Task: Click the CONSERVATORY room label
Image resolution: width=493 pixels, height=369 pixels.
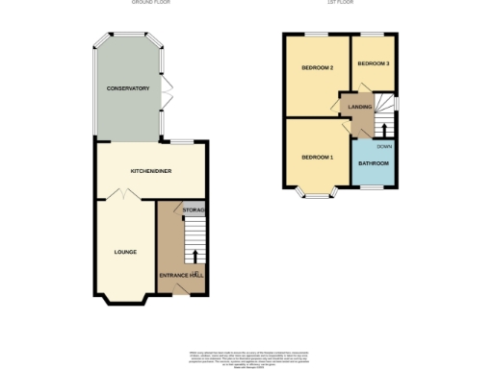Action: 128,88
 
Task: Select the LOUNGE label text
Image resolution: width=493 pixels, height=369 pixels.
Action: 125,252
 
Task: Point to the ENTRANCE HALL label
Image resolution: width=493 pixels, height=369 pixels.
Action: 182,276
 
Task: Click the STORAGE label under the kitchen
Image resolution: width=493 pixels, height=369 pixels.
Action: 194,209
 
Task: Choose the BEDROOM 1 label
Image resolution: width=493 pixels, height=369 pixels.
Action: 317,157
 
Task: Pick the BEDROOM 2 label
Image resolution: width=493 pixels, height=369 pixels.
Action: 317,68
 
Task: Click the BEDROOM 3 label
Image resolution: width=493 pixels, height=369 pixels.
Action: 373,63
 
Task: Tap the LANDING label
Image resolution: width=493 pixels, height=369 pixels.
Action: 360,108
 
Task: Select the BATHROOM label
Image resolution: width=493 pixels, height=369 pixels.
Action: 374,163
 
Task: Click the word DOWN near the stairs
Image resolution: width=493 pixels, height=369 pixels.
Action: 383,146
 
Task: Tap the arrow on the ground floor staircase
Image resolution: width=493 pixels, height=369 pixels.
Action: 195,257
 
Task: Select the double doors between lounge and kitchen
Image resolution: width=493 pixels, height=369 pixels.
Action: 123,195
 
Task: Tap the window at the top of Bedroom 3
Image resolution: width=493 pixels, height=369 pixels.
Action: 374,36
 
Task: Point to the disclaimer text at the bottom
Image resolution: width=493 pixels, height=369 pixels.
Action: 246,355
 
